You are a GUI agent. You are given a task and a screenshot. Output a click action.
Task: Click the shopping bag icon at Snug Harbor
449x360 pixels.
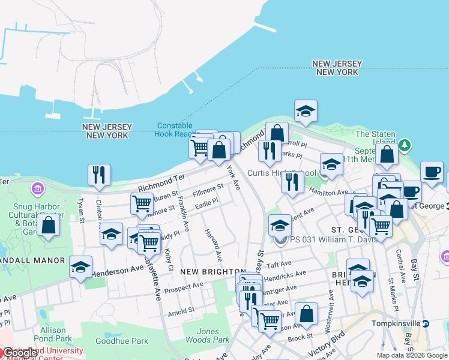[49, 226]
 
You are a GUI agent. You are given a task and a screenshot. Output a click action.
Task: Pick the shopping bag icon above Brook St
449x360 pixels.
[306, 314]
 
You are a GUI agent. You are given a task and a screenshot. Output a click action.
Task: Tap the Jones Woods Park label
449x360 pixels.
[214, 335]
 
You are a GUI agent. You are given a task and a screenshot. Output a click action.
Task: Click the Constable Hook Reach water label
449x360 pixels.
[175, 130]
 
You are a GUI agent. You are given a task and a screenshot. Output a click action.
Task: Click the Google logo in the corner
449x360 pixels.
[20, 353]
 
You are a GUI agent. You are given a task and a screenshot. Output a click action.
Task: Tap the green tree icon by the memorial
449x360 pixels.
[405, 145]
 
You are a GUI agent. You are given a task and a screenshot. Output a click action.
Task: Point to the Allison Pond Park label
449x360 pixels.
[57, 335]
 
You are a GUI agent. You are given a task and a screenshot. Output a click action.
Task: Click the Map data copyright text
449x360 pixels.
[412, 355]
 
